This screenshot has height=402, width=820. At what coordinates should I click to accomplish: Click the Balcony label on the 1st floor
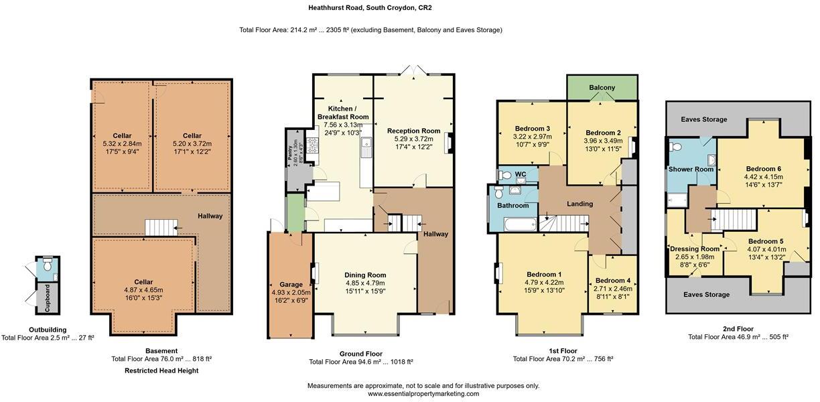point(602,88)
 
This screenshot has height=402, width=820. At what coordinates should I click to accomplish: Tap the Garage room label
point(291,285)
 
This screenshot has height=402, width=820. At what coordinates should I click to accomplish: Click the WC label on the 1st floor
point(521,175)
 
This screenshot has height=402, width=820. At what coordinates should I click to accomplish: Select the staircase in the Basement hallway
point(159,228)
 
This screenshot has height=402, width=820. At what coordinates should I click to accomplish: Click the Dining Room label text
point(365,275)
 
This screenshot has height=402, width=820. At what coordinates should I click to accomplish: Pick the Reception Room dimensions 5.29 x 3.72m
point(413,139)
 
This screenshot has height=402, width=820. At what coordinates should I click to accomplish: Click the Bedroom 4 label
point(613,281)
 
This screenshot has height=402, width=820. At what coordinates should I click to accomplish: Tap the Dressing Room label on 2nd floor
point(694,249)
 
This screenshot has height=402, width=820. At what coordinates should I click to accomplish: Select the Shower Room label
point(691,169)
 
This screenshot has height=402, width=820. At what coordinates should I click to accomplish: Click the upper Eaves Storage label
point(703,119)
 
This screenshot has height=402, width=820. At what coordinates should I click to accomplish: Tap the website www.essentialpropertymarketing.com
point(423,394)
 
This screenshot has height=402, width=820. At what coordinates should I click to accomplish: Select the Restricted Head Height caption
point(161,371)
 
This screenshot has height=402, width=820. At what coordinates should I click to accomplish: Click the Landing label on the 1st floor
point(579,204)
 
